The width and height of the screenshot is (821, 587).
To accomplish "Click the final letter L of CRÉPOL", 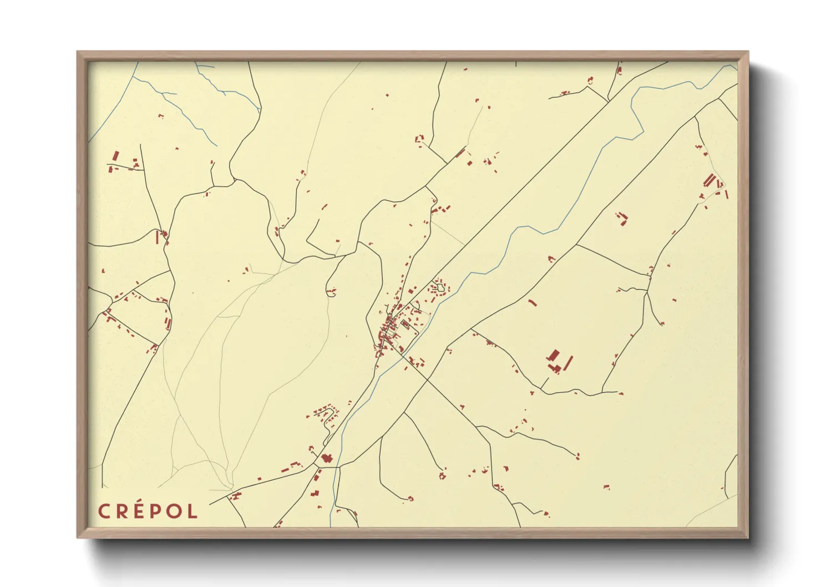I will [x=192, y=511].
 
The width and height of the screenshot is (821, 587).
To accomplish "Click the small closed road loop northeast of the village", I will [x=440, y=287].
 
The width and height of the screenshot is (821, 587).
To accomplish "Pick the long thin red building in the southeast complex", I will [x=567, y=364].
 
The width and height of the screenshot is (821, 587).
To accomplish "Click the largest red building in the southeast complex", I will [x=554, y=356].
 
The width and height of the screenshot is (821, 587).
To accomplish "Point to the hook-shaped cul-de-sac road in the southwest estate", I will [x=332, y=413].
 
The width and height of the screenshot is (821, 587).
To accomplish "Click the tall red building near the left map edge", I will [x=116, y=156].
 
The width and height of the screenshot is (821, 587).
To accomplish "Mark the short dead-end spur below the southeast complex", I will [x=544, y=383].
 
